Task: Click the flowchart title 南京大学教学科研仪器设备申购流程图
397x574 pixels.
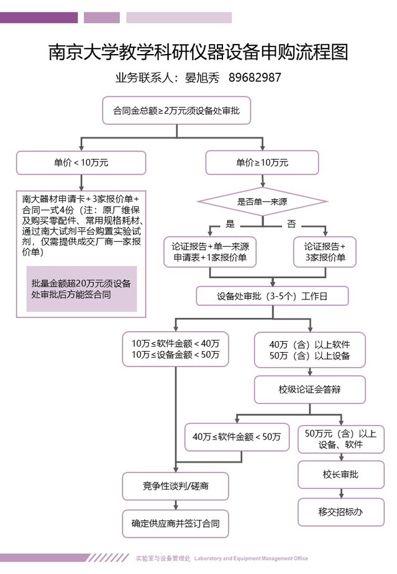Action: [198, 51]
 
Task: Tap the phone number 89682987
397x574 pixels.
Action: [255, 79]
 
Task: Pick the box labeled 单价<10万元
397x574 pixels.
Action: [81, 163]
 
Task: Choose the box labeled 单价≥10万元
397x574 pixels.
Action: [262, 163]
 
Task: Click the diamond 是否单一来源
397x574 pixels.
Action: [262, 201]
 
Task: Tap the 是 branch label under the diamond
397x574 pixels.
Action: [230, 223]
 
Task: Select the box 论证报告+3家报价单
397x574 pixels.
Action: [325, 252]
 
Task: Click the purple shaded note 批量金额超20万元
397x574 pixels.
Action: [81, 289]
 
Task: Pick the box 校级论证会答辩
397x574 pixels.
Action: [309, 389]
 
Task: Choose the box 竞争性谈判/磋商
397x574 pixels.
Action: [175, 486]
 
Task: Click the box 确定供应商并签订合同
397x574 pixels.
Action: [175, 524]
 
